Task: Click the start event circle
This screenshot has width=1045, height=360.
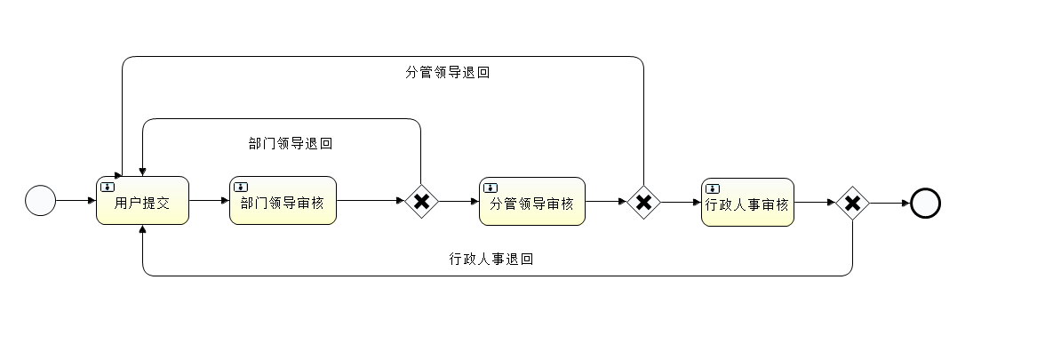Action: [x=40, y=201]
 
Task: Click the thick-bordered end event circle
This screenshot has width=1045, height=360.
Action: [x=925, y=204]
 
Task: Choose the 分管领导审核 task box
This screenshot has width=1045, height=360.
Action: [x=532, y=202]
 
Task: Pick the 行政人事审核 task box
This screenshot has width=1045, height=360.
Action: [x=746, y=203]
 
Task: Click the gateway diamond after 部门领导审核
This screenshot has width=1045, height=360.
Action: [x=421, y=202]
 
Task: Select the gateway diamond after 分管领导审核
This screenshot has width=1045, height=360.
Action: [x=643, y=203]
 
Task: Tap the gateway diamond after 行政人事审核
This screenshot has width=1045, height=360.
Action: [x=852, y=204]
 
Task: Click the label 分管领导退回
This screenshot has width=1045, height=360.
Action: [x=447, y=73]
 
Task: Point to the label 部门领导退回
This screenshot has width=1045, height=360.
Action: [x=291, y=142]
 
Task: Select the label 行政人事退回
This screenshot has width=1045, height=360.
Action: [x=491, y=260]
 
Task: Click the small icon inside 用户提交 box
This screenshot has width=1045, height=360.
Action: [x=108, y=187]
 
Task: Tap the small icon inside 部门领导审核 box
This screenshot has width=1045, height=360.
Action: [x=240, y=187]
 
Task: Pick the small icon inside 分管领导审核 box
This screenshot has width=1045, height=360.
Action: [x=490, y=188]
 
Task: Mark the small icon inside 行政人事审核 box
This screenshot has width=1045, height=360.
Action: [x=712, y=188]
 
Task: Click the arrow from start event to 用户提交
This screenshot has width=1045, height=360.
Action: [x=76, y=201]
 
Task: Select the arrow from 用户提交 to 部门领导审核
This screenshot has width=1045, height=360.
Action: [x=209, y=201]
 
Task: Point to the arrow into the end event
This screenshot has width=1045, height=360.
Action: [x=889, y=204]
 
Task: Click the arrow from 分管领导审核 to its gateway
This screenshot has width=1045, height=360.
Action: [x=606, y=202]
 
